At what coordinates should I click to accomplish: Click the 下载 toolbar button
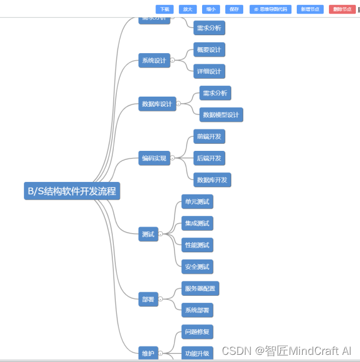pos(165,10)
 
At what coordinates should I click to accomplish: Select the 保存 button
pos(234,10)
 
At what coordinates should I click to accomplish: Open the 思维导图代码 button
pos(271,10)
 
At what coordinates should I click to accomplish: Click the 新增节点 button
pos(310,10)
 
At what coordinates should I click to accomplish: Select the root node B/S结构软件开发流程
pos(72,191)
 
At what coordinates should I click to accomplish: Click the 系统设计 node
pos(154,61)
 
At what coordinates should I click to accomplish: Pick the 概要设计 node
pos(209,50)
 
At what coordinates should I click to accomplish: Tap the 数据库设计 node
pos(157,104)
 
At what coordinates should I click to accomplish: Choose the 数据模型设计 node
pos(221,115)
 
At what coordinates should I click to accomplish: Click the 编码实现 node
pos(154,158)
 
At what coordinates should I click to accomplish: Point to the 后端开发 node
pos(209,158)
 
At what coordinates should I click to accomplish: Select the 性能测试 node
pos(197,245)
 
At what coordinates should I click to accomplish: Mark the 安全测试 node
pos(197,267)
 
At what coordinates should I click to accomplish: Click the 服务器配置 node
pos(200,289)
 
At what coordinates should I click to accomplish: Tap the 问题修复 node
pos(197,332)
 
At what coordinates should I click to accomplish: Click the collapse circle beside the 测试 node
pos(160,234)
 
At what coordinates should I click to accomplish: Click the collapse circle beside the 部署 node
pos(160,299)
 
